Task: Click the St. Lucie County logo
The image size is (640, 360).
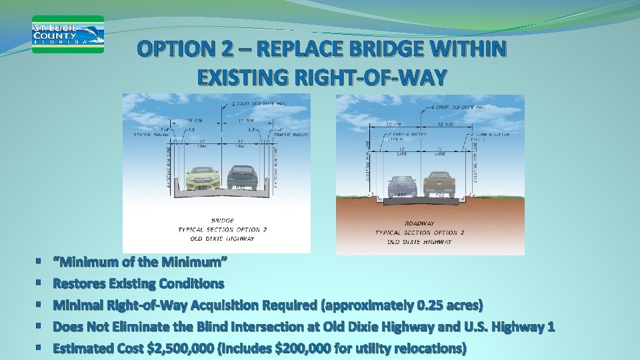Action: [68, 34]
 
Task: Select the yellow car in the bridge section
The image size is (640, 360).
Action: [202, 177]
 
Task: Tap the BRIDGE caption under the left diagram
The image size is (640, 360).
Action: [222, 220]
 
